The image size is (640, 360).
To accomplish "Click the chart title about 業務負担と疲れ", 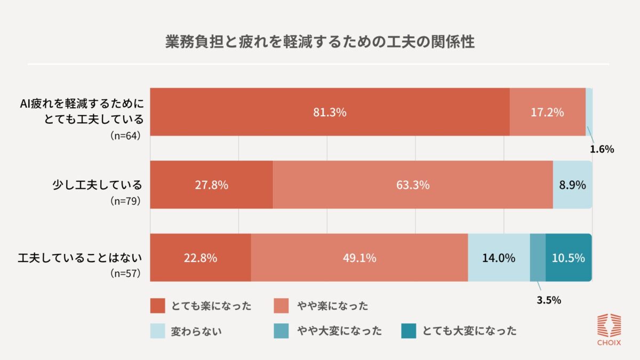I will pos(320,42).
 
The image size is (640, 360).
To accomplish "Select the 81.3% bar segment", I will pos(330,112).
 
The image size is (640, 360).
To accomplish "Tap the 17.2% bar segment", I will pos(547,112).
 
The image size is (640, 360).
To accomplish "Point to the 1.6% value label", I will pos(602,149).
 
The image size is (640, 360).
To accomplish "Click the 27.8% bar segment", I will pos(212,185).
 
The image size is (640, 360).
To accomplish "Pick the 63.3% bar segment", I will pos(413,185).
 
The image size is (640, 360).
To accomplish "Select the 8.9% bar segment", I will pos(572,185).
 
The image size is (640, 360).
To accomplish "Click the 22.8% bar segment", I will pos(200,258).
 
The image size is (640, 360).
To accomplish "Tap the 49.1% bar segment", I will pos(359,258).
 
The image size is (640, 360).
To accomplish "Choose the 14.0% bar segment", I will pos(499,258).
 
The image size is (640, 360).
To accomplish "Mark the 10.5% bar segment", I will pos(569,258).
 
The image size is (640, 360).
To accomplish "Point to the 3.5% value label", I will pos(548,300).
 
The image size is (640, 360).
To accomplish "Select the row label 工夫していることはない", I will pos(80,258).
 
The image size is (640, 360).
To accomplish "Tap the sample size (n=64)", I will pos(125,135).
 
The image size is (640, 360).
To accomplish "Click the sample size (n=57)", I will pos(125,274).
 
